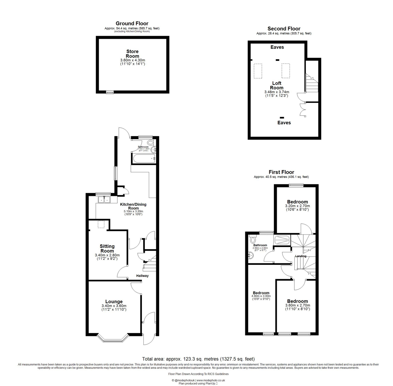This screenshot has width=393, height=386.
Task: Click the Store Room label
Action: tap(132, 54)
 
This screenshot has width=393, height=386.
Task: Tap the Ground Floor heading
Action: tap(132, 24)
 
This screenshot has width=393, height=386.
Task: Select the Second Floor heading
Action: tap(284, 29)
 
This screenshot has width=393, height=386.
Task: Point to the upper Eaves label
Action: tap(277, 46)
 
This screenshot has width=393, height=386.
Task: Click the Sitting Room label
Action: tap(107, 248)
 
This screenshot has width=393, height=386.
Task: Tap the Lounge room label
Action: tap(114, 301)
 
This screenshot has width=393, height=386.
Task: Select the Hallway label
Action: tap(142, 276)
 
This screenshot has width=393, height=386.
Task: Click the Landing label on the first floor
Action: tap(300, 256)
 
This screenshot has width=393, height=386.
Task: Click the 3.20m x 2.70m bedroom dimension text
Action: tap(297, 206)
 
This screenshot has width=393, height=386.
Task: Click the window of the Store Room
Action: tap(110, 93)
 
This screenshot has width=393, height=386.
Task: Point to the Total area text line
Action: tap(198, 358)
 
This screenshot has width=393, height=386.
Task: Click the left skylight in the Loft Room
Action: tap(257, 71)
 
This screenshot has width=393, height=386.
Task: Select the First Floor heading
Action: tap(281, 172)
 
